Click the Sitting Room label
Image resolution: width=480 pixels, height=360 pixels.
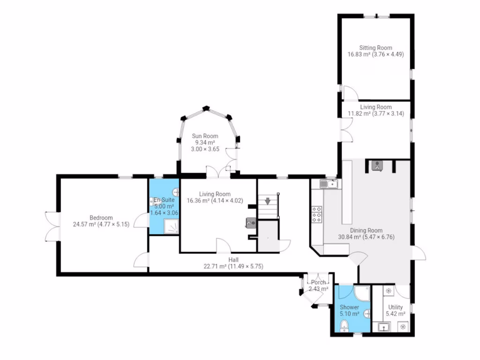[375, 47]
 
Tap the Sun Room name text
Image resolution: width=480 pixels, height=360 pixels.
[205, 136]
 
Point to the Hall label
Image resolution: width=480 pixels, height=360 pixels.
[233, 259]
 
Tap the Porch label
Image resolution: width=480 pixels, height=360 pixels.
[318, 282]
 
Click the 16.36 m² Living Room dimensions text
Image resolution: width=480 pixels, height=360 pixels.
[215, 201]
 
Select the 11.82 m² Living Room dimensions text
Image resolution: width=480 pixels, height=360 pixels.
[375, 114]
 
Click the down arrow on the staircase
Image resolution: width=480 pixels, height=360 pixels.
[268, 202]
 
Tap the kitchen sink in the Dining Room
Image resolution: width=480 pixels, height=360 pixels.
[330, 184]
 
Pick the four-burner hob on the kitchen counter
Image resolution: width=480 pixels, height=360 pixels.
[317, 214]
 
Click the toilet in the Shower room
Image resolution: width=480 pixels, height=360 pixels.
[345, 325]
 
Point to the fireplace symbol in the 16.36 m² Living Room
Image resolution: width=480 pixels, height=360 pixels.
[250, 223]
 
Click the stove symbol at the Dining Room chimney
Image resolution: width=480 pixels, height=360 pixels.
[377, 165]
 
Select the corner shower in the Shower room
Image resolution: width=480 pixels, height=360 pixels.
[361, 293]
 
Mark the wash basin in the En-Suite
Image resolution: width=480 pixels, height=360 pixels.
[175, 191]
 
